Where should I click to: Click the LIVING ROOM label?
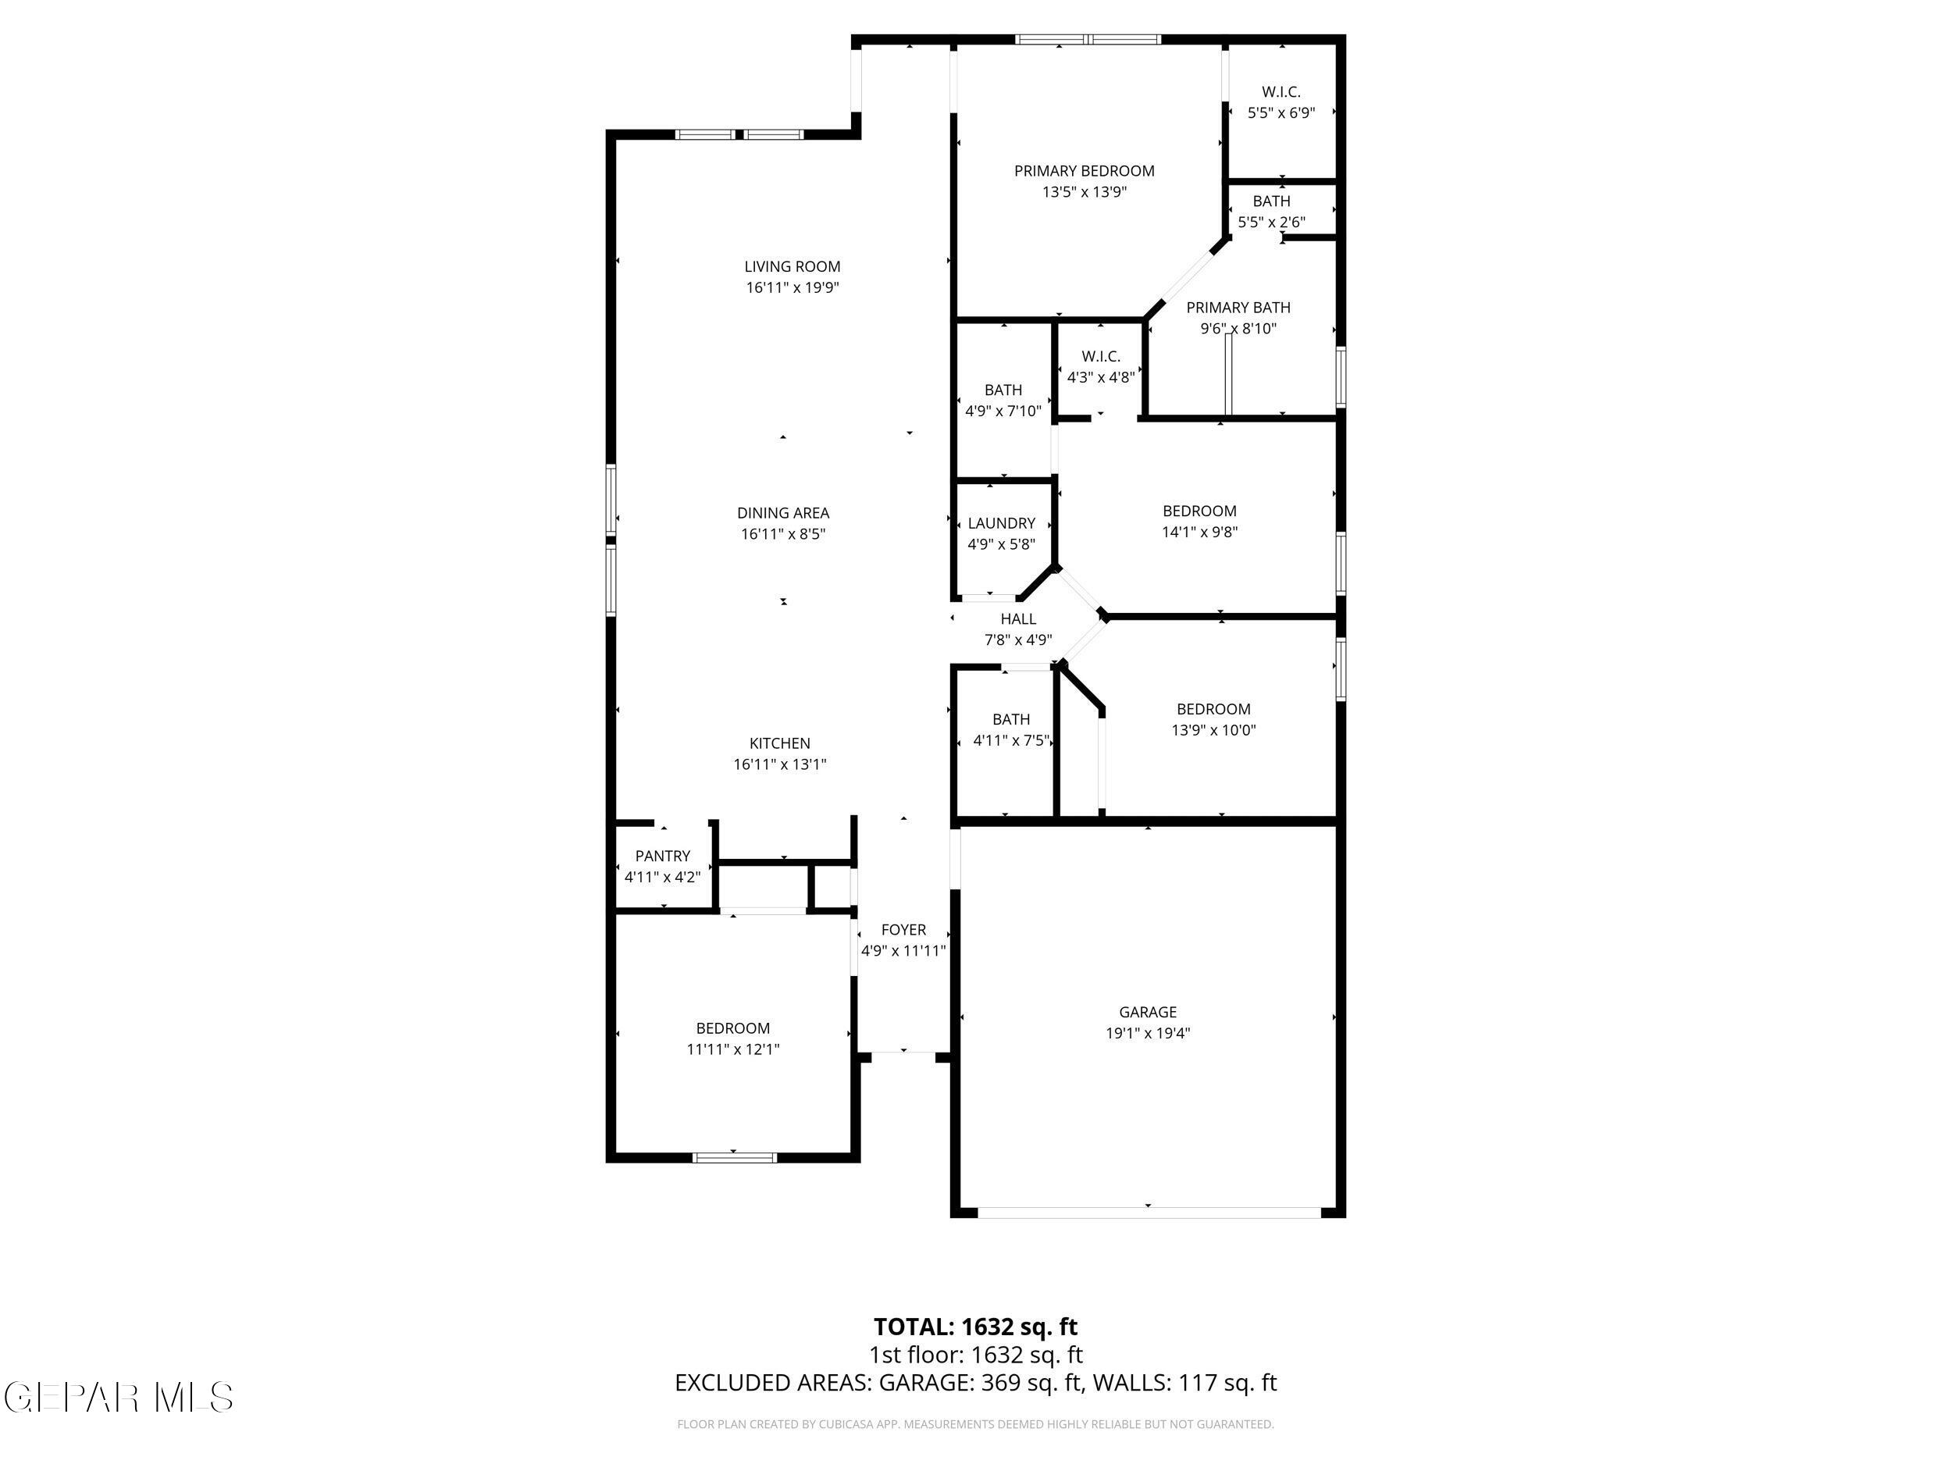(x=792, y=266)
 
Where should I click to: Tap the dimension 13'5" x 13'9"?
(x=1084, y=192)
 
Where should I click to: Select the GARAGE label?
(x=1147, y=1012)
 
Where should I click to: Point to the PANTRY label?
(x=662, y=856)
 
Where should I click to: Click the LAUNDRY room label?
(x=1001, y=523)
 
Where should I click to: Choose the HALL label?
(x=1017, y=619)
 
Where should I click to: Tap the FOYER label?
(x=903, y=930)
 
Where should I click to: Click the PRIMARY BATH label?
(x=1238, y=308)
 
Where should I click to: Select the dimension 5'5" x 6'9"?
(x=1281, y=113)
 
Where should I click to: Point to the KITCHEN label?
(x=779, y=744)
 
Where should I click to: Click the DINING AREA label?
(x=782, y=513)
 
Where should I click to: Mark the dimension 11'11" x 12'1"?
(x=732, y=1049)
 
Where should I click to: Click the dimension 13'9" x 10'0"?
(x=1213, y=731)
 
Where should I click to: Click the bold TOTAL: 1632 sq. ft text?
(x=975, y=1327)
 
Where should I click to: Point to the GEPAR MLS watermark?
(x=119, y=1397)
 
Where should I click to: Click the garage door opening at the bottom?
(x=1147, y=1213)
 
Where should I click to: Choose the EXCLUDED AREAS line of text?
(x=975, y=1383)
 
